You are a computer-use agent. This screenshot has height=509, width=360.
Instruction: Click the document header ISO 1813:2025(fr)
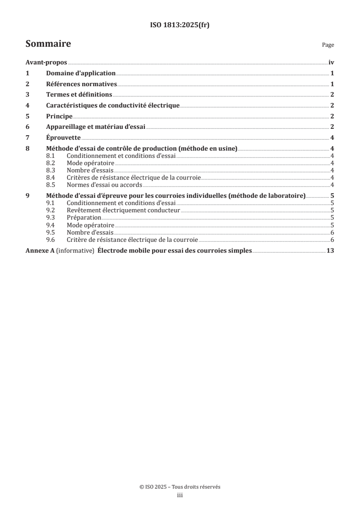pyautogui.click(x=180, y=25)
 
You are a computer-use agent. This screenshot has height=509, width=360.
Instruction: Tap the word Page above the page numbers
pyautogui.click(x=328, y=45)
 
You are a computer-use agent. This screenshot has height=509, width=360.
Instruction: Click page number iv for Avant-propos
pyautogui.click(x=331, y=63)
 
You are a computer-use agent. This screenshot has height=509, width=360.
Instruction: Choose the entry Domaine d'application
pyautogui.click(x=81, y=73)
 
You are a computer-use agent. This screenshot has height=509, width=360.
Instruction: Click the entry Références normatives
pyautogui.click(x=82, y=84)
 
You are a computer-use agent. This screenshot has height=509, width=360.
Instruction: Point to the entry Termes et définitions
pyautogui.click(x=79, y=95)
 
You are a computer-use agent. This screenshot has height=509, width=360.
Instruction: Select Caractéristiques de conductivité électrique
pyautogui.click(x=113, y=106)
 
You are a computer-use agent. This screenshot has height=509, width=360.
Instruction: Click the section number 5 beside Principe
pyautogui.click(x=28, y=116)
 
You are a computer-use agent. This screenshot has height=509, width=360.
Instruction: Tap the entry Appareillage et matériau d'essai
pyautogui.click(x=96, y=127)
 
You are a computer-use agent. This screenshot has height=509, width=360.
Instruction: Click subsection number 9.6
pyautogui.click(x=50, y=240)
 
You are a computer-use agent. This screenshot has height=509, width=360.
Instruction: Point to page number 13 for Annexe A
pyautogui.click(x=330, y=250)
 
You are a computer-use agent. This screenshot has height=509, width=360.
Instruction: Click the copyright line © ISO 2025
pyautogui.click(x=180, y=487)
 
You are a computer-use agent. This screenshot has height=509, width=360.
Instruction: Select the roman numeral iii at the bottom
pyautogui.click(x=180, y=496)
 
